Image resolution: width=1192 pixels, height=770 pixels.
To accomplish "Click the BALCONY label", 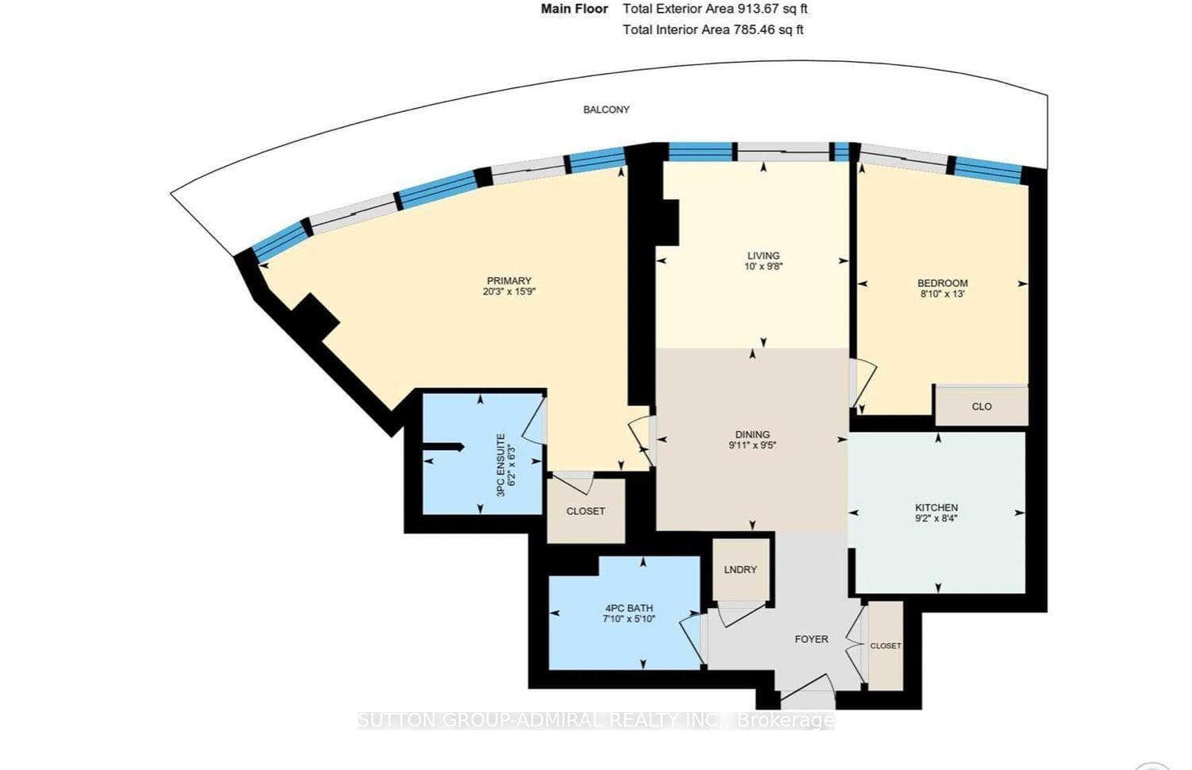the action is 606,110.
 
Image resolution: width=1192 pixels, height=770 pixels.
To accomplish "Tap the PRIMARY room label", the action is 509,281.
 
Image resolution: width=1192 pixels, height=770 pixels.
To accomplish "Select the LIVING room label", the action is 763,256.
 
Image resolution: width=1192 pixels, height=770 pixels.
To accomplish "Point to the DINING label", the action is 752,435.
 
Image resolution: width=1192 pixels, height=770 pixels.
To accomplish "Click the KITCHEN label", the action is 936,508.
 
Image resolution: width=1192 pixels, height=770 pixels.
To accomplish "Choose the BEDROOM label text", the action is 943,283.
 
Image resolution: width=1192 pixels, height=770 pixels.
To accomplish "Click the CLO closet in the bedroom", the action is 981,406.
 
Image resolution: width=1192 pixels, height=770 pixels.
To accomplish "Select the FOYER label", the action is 812,639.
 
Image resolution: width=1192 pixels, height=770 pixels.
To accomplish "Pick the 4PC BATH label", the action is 629,608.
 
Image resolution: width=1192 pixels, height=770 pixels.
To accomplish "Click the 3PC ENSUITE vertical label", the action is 500,465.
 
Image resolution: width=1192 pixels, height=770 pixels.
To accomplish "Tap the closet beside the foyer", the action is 886,646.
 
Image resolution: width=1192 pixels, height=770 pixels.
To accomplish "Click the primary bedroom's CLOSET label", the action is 586,511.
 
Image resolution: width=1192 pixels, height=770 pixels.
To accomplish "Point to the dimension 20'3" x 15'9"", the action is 509,291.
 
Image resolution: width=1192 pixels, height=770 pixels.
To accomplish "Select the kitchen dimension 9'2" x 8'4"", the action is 936,518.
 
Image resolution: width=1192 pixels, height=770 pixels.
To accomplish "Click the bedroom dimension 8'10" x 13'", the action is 943,294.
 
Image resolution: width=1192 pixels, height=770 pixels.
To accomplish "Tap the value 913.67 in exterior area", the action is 756,9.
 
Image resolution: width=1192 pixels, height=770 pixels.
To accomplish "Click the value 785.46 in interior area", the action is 754,30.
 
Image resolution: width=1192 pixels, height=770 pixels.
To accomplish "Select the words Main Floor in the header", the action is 575,9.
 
